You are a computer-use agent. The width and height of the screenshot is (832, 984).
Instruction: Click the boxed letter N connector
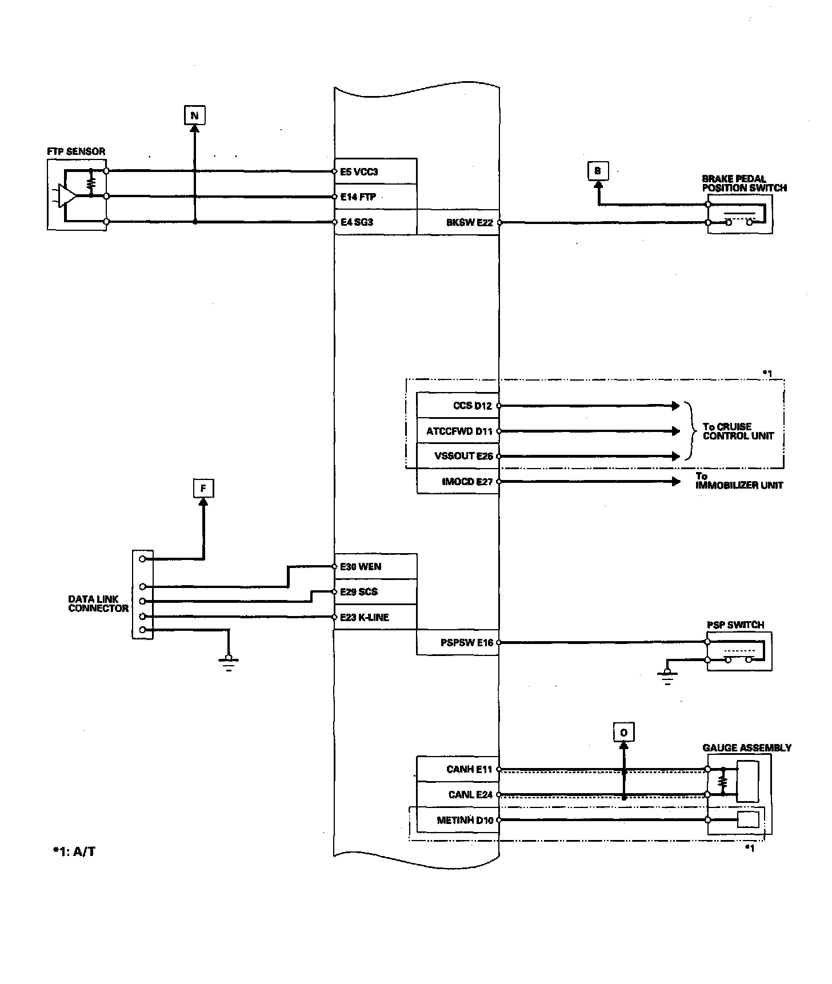click(x=194, y=116)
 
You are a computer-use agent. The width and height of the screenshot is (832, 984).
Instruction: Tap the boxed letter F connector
click(x=203, y=489)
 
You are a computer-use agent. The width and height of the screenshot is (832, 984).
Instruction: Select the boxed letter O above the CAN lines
click(x=623, y=733)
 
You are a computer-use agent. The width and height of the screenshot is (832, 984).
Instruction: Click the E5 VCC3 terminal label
click(x=359, y=171)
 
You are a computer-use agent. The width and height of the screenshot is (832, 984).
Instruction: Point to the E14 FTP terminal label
click(x=358, y=197)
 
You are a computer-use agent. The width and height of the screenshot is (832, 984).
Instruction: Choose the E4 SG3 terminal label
click(x=357, y=222)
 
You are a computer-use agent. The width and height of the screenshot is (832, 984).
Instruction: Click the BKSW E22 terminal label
click(x=469, y=223)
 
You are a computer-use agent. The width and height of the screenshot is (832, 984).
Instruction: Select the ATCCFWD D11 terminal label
click(x=459, y=431)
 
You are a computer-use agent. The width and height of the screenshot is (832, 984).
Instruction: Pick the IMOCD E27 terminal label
click(x=467, y=482)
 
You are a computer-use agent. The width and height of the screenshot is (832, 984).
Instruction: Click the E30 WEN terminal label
click(x=361, y=567)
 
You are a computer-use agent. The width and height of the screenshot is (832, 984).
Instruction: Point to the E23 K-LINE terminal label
click(x=365, y=617)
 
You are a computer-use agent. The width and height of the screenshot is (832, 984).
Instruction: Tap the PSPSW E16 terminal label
click(x=466, y=643)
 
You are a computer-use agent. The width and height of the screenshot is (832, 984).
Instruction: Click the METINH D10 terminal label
click(x=465, y=820)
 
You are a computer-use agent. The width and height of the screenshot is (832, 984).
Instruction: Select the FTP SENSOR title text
click(x=76, y=152)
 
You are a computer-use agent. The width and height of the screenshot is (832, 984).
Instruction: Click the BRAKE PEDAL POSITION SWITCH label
click(x=744, y=183)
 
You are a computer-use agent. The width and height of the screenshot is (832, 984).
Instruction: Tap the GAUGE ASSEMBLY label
click(x=746, y=748)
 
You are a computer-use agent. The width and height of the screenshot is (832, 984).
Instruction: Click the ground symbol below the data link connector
click(x=229, y=662)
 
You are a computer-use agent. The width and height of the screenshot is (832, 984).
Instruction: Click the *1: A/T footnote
click(x=74, y=852)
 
